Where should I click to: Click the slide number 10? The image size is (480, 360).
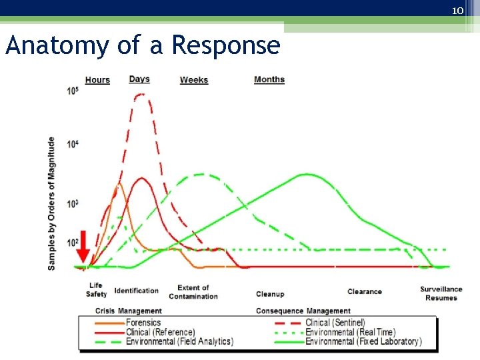click(457, 11)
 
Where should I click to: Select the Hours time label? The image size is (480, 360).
click(97, 80)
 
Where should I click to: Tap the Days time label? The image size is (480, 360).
click(139, 79)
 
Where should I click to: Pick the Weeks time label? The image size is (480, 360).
click(194, 80)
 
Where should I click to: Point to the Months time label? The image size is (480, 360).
click(269, 79)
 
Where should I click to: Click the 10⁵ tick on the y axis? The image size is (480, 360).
click(73, 91)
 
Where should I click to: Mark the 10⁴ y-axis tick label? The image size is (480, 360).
click(73, 143)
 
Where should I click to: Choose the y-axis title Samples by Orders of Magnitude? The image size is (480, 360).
click(52, 203)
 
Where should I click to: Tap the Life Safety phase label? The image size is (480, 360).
click(96, 290)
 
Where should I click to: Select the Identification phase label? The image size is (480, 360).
click(137, 291)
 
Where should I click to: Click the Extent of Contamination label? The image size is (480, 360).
click(193, 292)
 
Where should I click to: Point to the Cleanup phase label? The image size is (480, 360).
click(270, 294)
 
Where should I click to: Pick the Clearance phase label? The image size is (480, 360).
click(365, 291)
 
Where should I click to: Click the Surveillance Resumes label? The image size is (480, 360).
click(441, 293)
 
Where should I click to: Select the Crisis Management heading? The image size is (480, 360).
click(129, 311)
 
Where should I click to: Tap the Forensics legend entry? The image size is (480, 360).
click(144, 323)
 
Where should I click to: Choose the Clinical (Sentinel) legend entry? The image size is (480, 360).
click(335, 323)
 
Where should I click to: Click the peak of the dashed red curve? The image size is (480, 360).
click(140, 95)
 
